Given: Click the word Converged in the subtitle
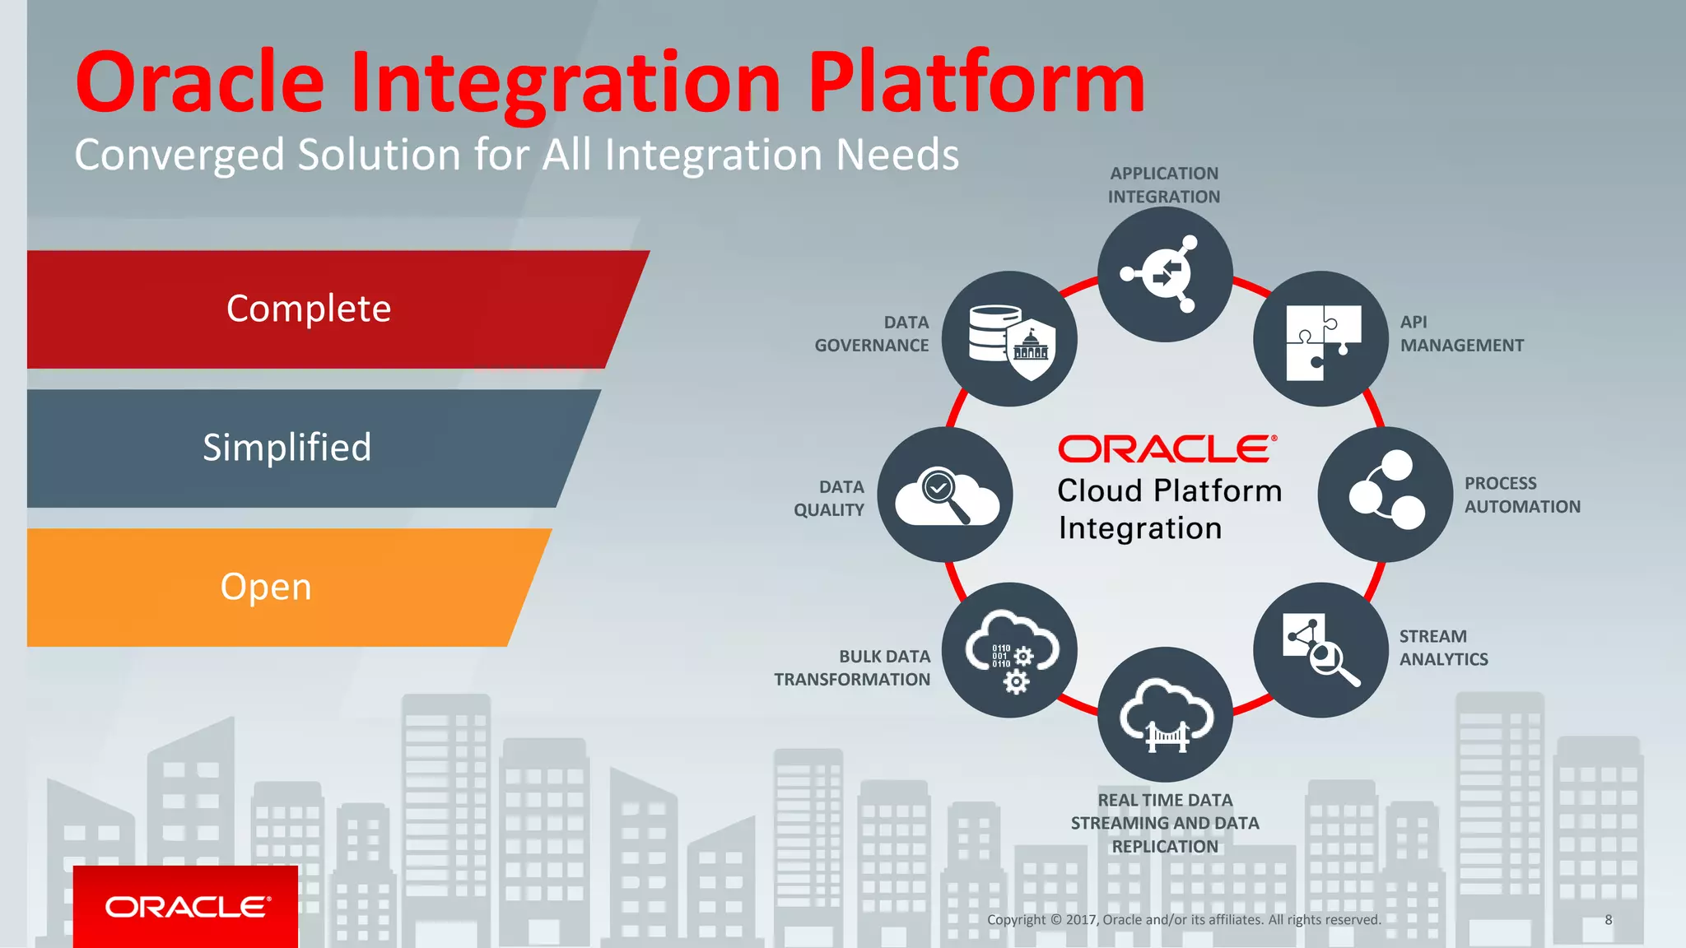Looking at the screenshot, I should (179, 155).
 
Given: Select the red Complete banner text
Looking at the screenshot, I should (309, 309).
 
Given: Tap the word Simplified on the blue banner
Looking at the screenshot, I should (287, 448).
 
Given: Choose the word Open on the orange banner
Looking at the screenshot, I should (266, 587).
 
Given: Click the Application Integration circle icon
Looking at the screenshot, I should (1164, 274).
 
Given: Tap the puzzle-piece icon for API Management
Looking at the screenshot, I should (1320, 339).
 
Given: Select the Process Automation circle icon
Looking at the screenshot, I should (1386, 494).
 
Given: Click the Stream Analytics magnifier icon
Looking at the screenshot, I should (1320, 650).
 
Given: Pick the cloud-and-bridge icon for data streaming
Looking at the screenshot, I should (1164, 714).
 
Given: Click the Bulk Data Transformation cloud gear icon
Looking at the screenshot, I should (1009, 650).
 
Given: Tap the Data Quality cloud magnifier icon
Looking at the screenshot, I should (945, 495).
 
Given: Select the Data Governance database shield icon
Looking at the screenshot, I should (1009, 339).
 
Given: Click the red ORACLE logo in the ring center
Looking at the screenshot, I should (1167, 449).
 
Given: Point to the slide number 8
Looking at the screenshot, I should (1608, 920).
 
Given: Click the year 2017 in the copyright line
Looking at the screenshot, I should (1082, 920).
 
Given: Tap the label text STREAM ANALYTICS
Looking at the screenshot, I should (1443, 648).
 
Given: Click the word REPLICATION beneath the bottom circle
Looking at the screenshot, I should (1164, 847).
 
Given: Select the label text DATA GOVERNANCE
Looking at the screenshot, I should (872, 334).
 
